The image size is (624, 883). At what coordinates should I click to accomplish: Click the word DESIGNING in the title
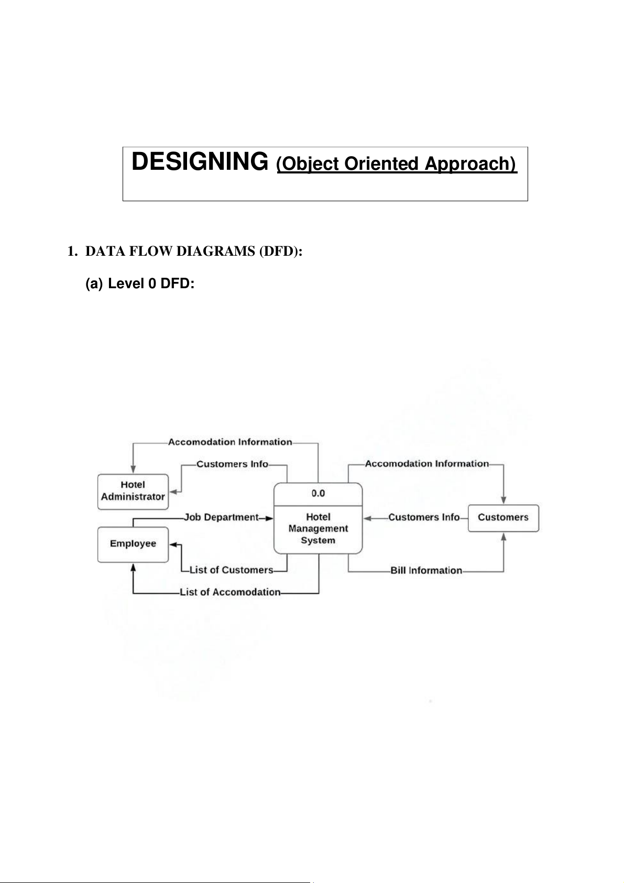pyautogui.click(x=199, y=161)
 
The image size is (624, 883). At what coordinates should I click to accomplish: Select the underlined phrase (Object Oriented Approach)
pyautogui.click(x=397, y=164)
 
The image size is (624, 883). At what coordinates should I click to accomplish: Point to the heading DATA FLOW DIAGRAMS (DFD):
pyautogui.click(x=194, y=252)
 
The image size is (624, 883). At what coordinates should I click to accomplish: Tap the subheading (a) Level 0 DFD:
pyautogui.click(x=140, y=284)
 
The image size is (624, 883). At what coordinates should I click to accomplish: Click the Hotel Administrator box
pyautogui.click(x=133, y=491)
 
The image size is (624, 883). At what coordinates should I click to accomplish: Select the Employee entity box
pyautogui.click(x=133, y=544)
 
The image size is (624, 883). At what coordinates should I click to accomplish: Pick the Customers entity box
pyautogui.click(x=503, y=518)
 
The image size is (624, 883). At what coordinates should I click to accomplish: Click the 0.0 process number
pyautogui.click(x=318, y=493)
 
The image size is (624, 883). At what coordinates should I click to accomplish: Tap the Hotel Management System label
pyautogui.click(x=318, y=529)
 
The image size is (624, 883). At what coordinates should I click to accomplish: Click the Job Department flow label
pyautogui.click(x=221, y=518)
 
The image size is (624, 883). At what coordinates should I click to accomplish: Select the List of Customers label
pyautogui.click(x=231, y=570)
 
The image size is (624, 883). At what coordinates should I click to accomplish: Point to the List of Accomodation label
pyautogui.click(x=230, y=592)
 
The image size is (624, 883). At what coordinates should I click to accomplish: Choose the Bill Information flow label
pyautogui.click(x=426, y=571)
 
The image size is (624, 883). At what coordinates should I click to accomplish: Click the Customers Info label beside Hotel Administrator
pyautogui.click(x=232, y=464)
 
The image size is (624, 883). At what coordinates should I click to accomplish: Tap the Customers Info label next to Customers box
pyautogui.click(x=424, y=518)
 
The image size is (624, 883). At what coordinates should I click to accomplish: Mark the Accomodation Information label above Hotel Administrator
pyautogui.click(x=230, y=442)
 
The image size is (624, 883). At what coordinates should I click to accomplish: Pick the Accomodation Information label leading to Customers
pyautogui.click(x=427, y=464)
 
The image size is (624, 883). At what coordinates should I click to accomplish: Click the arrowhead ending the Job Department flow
pyautogui.click(x=269, y=518)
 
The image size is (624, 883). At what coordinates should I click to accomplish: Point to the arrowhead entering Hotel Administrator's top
pyautogui.click(x=133, y=470)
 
